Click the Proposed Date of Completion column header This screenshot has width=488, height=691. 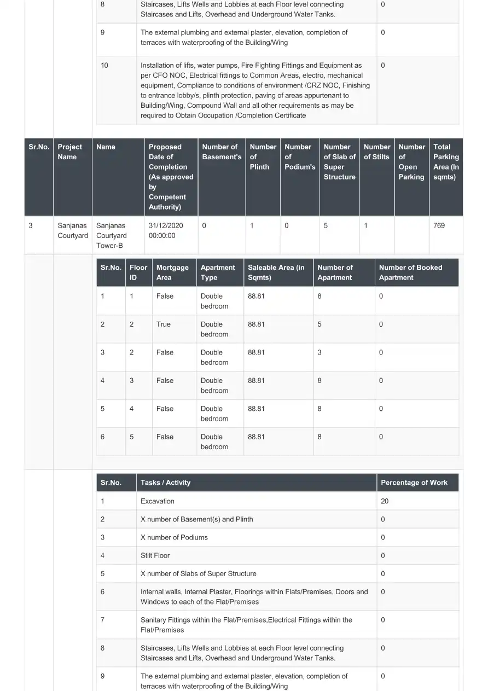pos(171,177)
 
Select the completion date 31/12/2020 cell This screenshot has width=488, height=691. pos(166,230)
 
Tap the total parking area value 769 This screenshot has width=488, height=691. pos(439,225)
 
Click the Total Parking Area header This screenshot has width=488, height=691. pos(446,161)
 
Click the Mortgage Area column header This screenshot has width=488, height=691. pos(172,272)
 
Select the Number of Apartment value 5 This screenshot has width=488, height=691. pos(319,324)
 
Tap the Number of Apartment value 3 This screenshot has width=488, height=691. pos(319,352)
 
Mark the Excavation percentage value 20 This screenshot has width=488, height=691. pos(385,501)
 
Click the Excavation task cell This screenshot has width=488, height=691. pos(158,501)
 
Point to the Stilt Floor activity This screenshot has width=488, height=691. pos(155,555)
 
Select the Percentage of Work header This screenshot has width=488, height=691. pos(414,483)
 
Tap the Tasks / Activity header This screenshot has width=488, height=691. pos(166,483)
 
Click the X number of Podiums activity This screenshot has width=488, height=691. pos(174,537)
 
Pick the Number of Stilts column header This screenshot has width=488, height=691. pos(377,152)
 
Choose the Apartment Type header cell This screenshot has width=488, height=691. pos(218,272)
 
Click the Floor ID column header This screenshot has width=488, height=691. pos(138,272)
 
